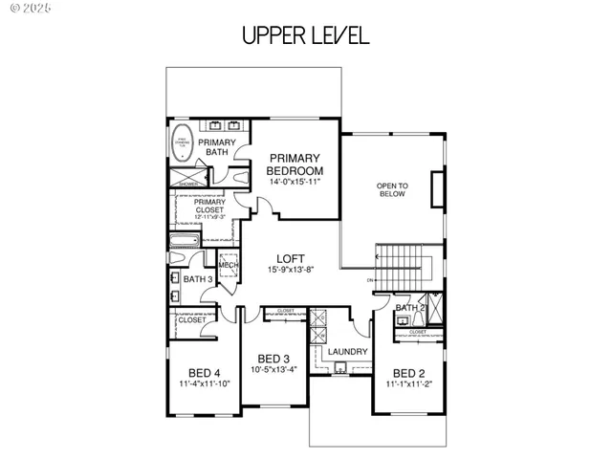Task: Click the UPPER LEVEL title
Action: [305, 36]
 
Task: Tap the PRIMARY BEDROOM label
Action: [295, 164]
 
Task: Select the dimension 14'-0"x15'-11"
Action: [295, 181]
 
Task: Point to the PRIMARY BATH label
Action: [219, 146]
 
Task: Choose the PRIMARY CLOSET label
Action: [209, 207]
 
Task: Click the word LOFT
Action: [291, 258]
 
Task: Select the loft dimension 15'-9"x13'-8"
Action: [291, 271]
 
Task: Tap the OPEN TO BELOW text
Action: [391, 189]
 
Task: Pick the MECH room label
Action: [228, 266]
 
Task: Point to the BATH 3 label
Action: [198, 279]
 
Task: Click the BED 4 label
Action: [205, 373]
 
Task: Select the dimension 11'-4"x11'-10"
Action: [205, 384]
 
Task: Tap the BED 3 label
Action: [273, 359]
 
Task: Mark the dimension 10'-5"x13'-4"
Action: [273, 369]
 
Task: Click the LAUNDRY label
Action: [340, 352]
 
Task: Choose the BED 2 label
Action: [409, 373]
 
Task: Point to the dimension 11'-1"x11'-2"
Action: [409, 384]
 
